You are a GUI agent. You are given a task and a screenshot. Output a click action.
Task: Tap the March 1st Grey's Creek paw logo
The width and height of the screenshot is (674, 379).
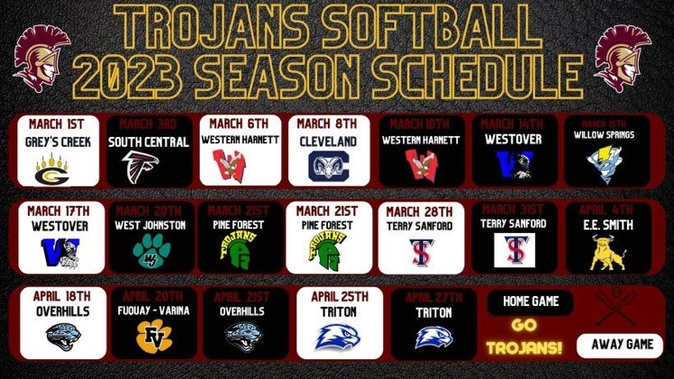[x=58, y=168]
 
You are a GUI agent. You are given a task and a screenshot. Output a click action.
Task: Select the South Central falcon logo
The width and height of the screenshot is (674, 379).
[x=149, y=168]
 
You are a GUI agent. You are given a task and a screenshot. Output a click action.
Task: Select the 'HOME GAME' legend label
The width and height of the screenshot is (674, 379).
[x=531, y=302]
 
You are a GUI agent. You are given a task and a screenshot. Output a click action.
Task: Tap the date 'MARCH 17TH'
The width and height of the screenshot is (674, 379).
[x=58, y=211]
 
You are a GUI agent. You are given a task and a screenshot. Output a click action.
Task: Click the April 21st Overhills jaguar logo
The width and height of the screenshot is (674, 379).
[x=247, y=337]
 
